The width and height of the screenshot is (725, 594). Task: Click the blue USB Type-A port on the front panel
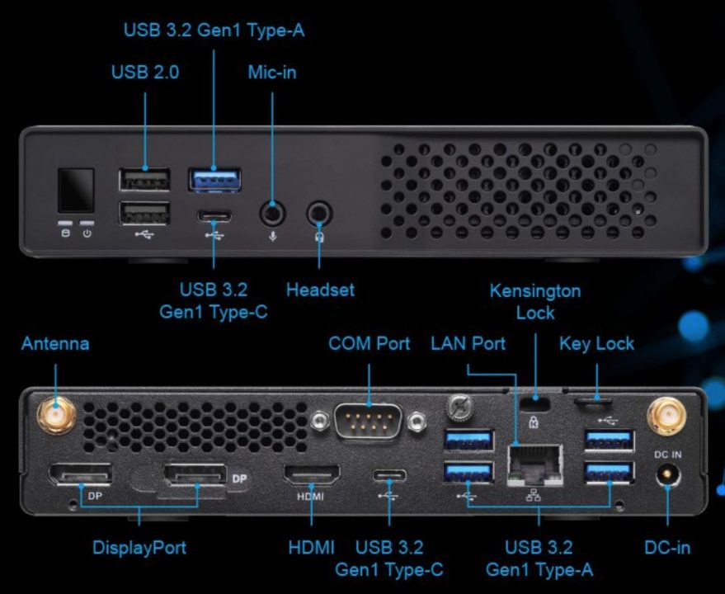point(214,178)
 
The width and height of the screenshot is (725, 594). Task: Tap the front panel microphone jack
point(273,214)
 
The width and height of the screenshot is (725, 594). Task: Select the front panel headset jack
point(319,214)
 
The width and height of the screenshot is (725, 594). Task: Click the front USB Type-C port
point(214,217)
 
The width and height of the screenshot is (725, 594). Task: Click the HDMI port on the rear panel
point(312,477)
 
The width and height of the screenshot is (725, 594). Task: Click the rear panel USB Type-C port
point(388,476)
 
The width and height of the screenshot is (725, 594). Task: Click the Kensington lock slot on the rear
point(537,402)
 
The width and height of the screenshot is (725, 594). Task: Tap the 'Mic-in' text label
point(272,73)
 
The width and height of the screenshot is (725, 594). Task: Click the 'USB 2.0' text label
point(145,73)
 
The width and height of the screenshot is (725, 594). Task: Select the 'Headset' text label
point(320,290)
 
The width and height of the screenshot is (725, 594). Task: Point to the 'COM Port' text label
point(369,343)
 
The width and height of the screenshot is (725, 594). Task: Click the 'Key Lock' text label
point(596,343)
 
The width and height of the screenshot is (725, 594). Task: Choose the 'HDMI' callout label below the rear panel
point(311,547)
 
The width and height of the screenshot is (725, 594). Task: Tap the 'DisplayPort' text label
point(139,547)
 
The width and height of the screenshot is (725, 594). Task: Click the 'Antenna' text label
point(55,343)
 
